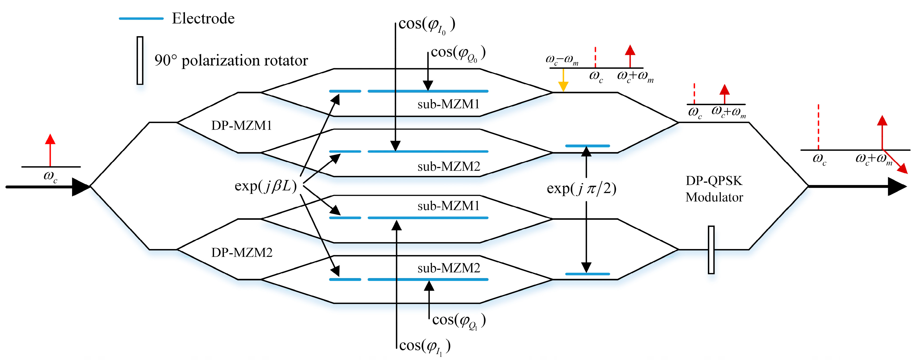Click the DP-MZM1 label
coord(241,125)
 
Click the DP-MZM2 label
coord(242,252)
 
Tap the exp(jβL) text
coord(265,186)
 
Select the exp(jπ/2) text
coord(581,188)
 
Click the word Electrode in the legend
coord(203,18)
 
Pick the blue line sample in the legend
coord(141,18)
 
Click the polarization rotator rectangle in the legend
coord(140,60)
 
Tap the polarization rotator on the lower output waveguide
coord(711,250)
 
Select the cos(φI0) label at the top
coord(427,25)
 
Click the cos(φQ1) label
coord(459,321)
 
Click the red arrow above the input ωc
coord(50,149)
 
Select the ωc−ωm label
coord(562,60)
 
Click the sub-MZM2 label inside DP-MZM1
coord(449,166)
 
